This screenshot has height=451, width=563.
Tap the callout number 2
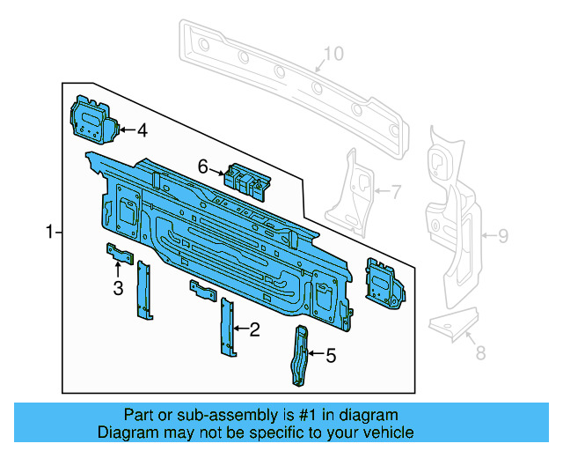254,330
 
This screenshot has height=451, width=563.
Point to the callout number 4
141,131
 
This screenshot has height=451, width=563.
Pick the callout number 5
331,356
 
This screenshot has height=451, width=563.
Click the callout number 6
202,166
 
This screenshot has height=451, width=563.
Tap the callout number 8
479,354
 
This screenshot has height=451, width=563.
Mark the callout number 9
502,235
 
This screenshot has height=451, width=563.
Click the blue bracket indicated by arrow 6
248,180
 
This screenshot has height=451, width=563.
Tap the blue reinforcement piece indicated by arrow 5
301,355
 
